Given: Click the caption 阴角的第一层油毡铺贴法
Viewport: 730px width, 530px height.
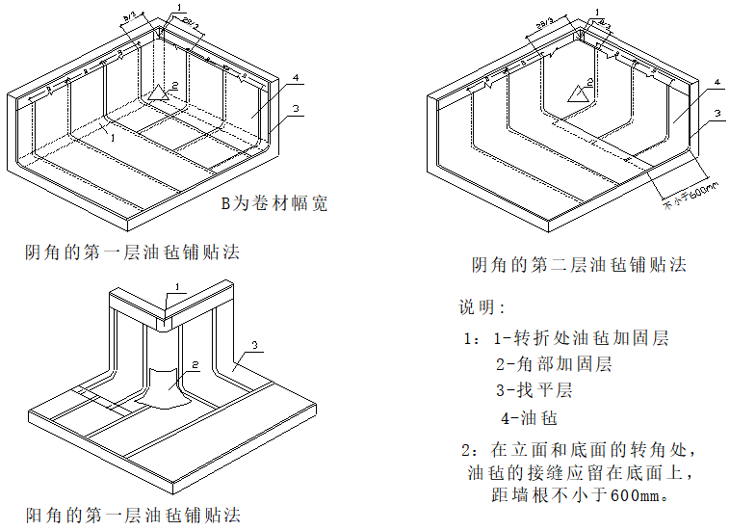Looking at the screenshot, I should tap(132, 252).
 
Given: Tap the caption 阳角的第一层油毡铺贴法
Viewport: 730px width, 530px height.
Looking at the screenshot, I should tap(132, 515).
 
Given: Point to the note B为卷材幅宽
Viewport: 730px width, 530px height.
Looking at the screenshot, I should tap(274, 203).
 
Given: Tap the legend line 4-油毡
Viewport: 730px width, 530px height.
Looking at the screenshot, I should tap(529, 418).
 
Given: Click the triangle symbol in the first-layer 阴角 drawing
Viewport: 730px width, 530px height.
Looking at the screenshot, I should tap(159, 93).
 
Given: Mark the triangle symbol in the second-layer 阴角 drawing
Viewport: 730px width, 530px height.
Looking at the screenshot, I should tap(578, 93).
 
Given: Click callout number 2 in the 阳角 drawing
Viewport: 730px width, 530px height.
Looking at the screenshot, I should tap(194, 364).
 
